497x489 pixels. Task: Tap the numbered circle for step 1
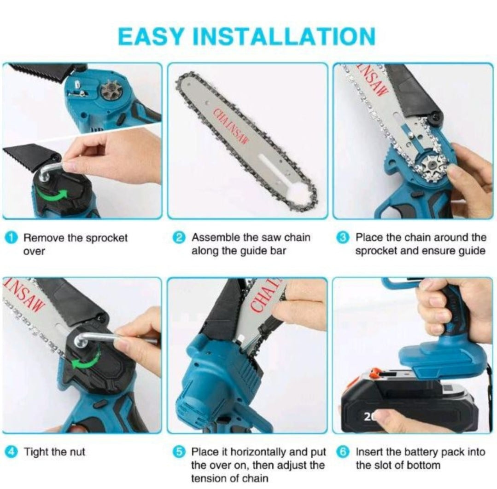(x=12, y=238)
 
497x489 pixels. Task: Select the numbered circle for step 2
(x=179, y=237)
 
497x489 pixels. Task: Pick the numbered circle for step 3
(x=343, y=237)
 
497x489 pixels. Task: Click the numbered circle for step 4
(x=12, y=452)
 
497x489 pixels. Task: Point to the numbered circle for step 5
(x=179, y=452)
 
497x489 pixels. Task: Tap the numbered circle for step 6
(x=343, y=452)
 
